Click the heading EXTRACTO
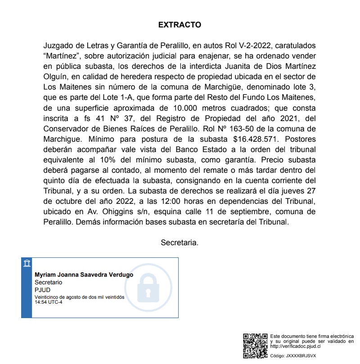(180, 25)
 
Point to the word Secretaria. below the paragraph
(180, 243)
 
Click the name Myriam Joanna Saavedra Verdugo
(84, 275)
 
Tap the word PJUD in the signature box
(42, 290)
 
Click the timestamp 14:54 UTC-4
(49, 302)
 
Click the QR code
(255, 346)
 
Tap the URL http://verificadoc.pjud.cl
(295, 346)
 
